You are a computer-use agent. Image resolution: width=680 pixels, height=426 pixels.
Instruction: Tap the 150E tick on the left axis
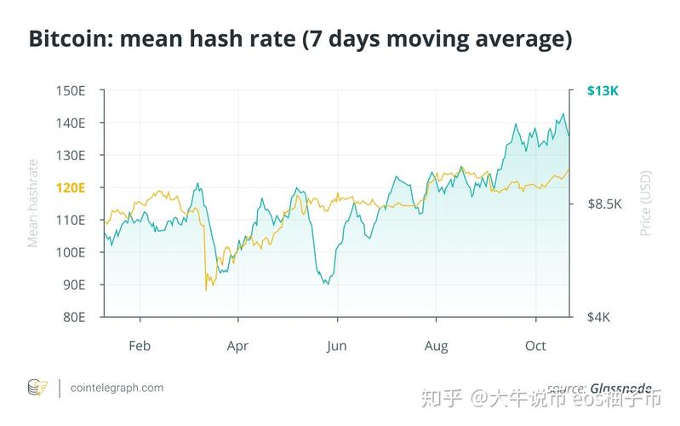coord(71,90)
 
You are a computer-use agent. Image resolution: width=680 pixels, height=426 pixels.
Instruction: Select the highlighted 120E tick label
coord(71,187)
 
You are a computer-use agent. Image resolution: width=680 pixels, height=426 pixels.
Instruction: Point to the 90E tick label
coord(74,285)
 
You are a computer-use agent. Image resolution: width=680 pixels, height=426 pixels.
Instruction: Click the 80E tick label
coord(74,317)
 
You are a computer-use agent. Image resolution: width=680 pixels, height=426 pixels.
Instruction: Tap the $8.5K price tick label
coord(606,204)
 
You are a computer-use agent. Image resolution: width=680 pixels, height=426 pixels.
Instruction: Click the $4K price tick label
coord(600,317)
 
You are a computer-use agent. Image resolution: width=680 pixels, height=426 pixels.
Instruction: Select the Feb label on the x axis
coord(140,346)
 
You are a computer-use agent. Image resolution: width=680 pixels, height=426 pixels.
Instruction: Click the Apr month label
coord(237,346)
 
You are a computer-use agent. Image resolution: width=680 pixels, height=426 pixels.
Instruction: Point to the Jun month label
coord(337,346)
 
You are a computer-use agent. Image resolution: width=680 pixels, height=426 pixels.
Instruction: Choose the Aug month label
coord(436,346)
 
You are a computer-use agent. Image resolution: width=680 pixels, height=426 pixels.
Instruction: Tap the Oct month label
coord(535,346)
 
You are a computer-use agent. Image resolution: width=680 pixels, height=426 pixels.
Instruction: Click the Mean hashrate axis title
coord(34,203)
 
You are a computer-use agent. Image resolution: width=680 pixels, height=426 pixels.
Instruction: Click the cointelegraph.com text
coord(116,388)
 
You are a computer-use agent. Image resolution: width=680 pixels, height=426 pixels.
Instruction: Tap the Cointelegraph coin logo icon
coord(37,388)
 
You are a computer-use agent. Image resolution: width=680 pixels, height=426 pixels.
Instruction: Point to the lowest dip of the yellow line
coord(206,290)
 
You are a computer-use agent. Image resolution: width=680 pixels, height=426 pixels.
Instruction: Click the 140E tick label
coord(71,123)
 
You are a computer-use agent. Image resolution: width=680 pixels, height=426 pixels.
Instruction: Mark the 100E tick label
coord(71,252)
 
